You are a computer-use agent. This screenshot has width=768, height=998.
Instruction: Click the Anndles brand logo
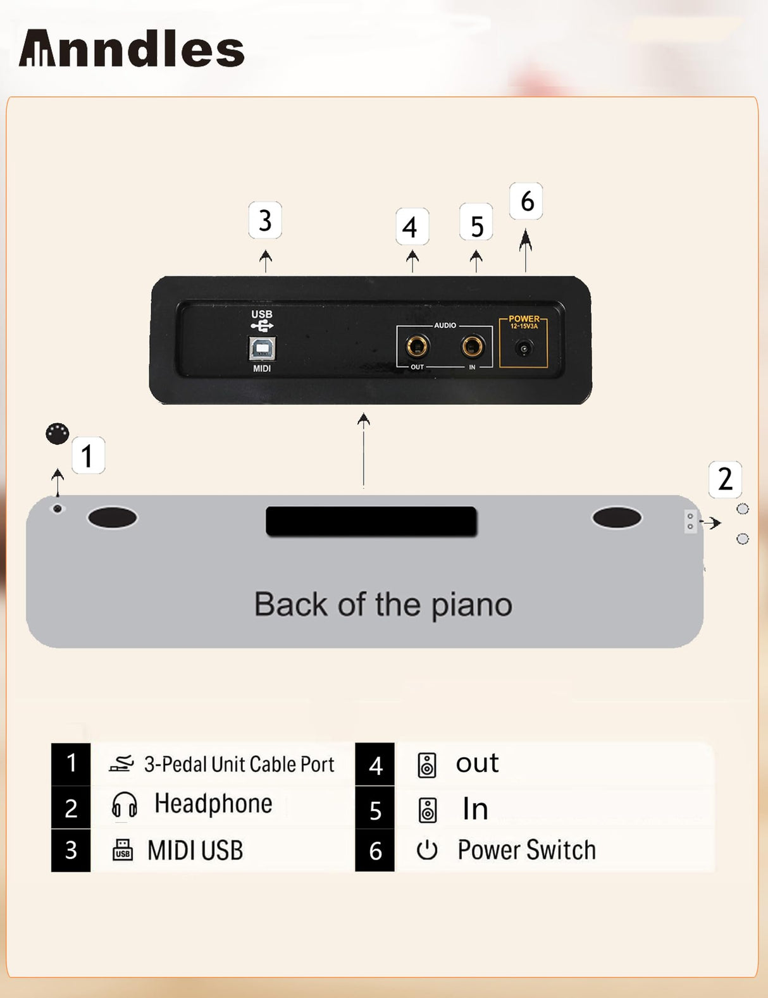click(132, 49)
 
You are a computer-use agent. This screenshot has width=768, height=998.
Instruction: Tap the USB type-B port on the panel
click(262, 348)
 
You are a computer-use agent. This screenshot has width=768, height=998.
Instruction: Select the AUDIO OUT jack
click(417, 346)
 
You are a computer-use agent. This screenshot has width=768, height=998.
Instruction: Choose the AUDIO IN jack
click(473, 346)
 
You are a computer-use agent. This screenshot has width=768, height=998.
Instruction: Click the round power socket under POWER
click(523, 348)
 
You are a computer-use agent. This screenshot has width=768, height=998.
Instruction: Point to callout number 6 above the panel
click(526, 201)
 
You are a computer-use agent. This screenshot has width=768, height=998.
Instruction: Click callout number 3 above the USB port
click(265, 220)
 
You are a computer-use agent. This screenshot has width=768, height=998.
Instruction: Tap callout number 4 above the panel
click(412, 226)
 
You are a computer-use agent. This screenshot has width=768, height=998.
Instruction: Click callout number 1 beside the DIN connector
click(88, 455)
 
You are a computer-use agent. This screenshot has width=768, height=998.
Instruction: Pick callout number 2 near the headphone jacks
click(725, 479)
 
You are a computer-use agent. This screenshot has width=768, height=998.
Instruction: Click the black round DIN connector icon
click(58, 434)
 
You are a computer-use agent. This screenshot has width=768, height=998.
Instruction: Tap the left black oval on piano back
click(112, 517)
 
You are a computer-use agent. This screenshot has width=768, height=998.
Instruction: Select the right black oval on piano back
click(617, 517)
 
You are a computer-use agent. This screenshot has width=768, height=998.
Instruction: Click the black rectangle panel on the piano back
click(371, 521)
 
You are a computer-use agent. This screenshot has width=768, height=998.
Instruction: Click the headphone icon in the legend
click(124, 805)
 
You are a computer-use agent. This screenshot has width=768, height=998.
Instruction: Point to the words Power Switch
click(526, 850)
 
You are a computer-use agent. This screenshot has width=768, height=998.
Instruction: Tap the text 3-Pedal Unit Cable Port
click(239, 764)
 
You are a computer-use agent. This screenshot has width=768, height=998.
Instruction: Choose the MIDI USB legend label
click(195, 851)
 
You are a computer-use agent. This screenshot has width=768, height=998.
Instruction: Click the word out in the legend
click(477, 763)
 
